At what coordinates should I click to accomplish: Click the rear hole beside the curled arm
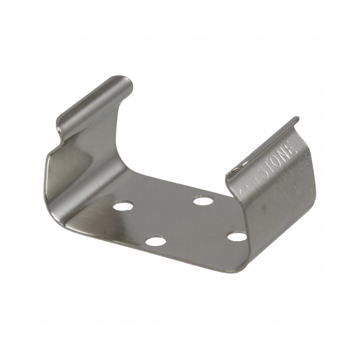(123, 207)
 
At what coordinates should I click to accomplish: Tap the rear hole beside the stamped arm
(203, 200)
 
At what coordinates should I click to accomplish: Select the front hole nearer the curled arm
(156, 241)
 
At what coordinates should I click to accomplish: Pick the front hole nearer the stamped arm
(237, 236)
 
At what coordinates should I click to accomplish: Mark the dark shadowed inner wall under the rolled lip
(67, 171)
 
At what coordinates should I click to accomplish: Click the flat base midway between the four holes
(180, 220)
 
